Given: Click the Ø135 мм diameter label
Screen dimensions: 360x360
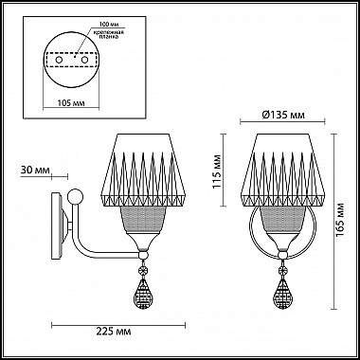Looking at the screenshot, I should click(285, 116).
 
